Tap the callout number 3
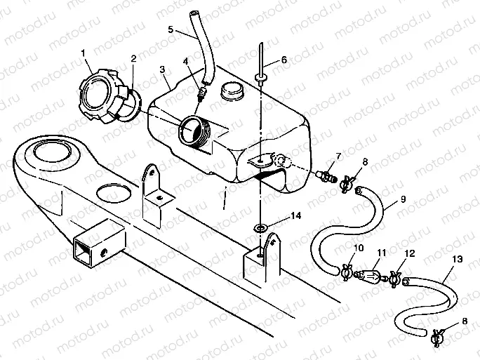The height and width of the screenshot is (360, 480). (x=162, y=70)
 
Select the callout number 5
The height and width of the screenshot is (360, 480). (x=171, y=29)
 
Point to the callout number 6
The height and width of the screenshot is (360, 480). (x=284, y=60)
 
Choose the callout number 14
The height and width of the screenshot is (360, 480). (x=298, y=218)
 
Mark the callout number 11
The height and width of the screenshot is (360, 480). (x=382, y=251)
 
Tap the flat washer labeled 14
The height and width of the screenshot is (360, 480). (x=260, y=227)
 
